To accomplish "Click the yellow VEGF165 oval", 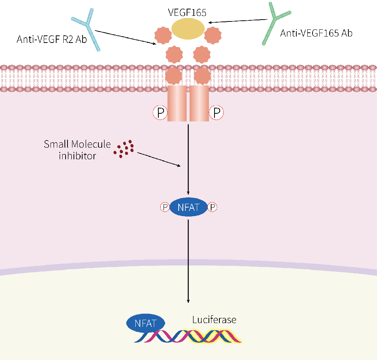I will pyautogui.click(x=188, y=29).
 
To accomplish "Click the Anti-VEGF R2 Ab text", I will pyautogui.click(x=52, y=39).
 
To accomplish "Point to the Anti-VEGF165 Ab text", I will pyautogui.click(x=316, y=33).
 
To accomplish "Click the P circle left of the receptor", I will pyautogui.click(x=160, y=113).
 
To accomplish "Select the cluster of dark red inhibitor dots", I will pyautogui.click(x=124, y=148).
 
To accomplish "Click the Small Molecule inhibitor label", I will pyautogui.click(x=77, y=149).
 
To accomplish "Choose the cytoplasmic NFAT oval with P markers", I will pyautogui.click(x=188, y=207).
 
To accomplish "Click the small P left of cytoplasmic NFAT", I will pyautogui.click(x=164, y=207).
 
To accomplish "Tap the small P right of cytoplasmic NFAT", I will pyautogui.click(x=213, y=207).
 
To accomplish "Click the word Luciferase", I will pyautogui.click(x=214, y=320).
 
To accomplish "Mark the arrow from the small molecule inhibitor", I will pyautogui.click(x=158, y=159).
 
